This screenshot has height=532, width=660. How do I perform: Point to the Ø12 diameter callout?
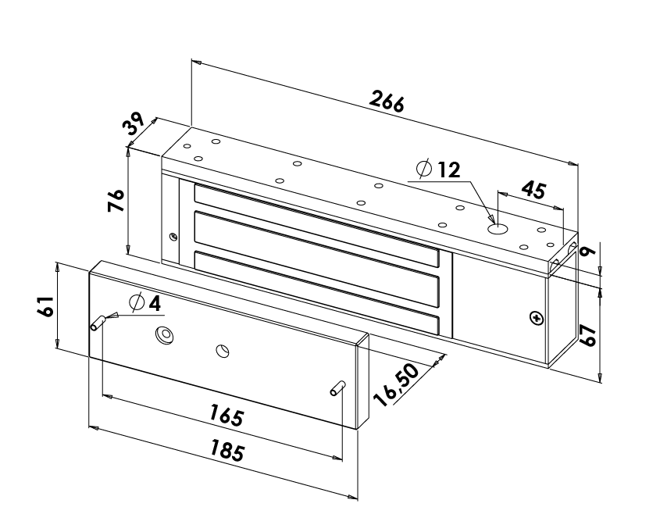439,169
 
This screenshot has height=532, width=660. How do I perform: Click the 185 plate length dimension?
227,451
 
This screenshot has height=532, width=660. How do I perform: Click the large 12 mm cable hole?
498,230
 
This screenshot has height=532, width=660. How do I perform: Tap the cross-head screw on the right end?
535,318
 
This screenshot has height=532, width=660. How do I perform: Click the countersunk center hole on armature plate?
165,335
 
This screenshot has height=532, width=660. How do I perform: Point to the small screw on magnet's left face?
173,235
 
